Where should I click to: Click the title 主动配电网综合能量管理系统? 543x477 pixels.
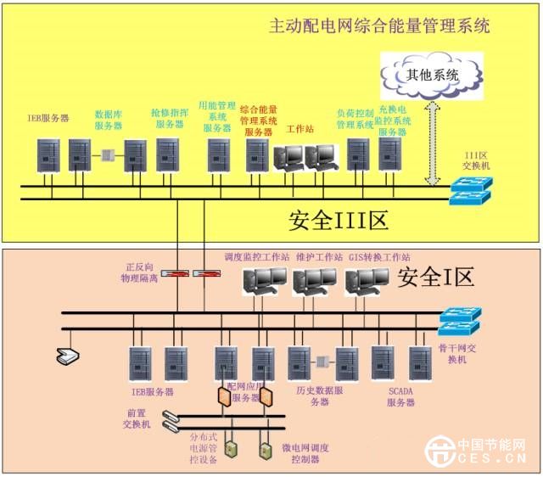[x=379, y=25]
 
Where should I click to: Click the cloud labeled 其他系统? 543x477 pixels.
[x=432, y=75]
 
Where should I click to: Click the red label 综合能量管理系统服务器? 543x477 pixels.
[x=260, y=121]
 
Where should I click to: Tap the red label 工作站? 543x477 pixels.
[x=300, y=129]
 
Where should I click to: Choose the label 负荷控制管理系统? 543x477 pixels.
[x=355, y=118]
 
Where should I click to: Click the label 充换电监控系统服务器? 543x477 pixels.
[x=395, y=121]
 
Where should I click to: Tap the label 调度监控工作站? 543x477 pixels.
[x=256, y=255]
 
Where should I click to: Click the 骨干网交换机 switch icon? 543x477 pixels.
[x=459, y=321]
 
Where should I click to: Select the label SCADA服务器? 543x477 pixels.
[x=401, y=396]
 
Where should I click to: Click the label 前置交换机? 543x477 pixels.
[x=136, y=418]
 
